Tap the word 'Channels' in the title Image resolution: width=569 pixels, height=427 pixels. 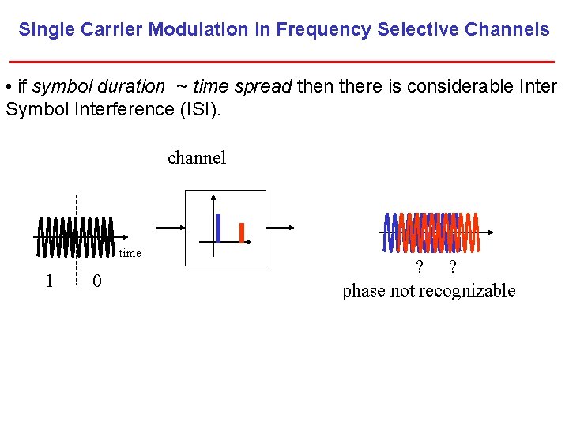[x=506, y=30]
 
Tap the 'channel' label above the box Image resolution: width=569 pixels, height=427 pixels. [x=197, y=157]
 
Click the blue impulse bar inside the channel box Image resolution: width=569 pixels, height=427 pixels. [x=218, y=227]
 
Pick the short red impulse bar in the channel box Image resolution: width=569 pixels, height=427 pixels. [x=242, y=232]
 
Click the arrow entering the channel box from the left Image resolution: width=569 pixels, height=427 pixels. [x=170, y=227]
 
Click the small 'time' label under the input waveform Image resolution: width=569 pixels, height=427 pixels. [x=130, y=253]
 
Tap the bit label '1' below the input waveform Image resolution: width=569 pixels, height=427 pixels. [x=49, y=281]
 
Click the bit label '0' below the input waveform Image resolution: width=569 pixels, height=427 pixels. [x=96, y=281]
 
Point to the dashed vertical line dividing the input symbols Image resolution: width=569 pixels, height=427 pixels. [x=77, y=237]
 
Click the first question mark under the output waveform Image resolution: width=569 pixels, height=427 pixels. [x=420, y=267]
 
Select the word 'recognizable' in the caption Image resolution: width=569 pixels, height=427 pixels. [x=467, y=291]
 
